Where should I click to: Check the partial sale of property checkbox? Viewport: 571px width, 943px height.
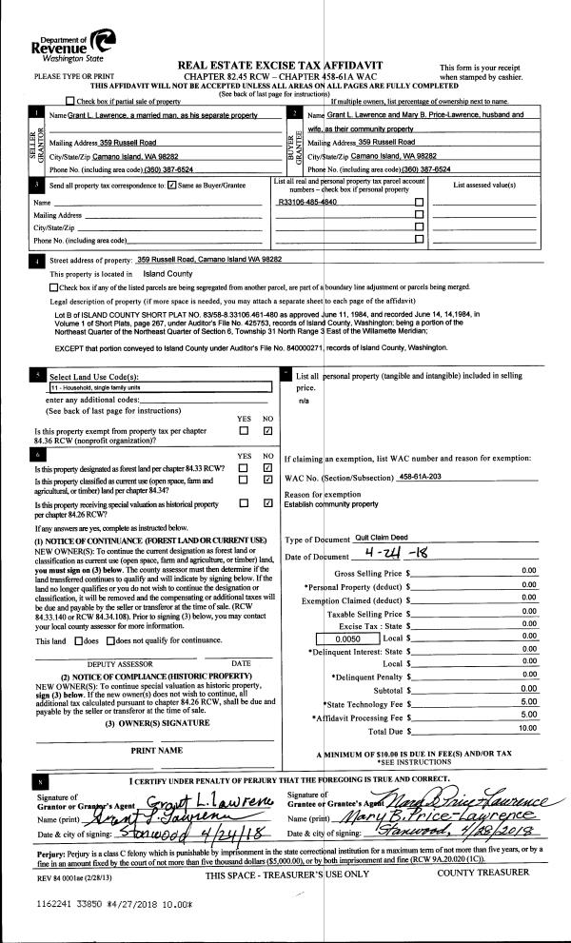point(70,101)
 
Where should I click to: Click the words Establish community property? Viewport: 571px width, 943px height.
point(332,503)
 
